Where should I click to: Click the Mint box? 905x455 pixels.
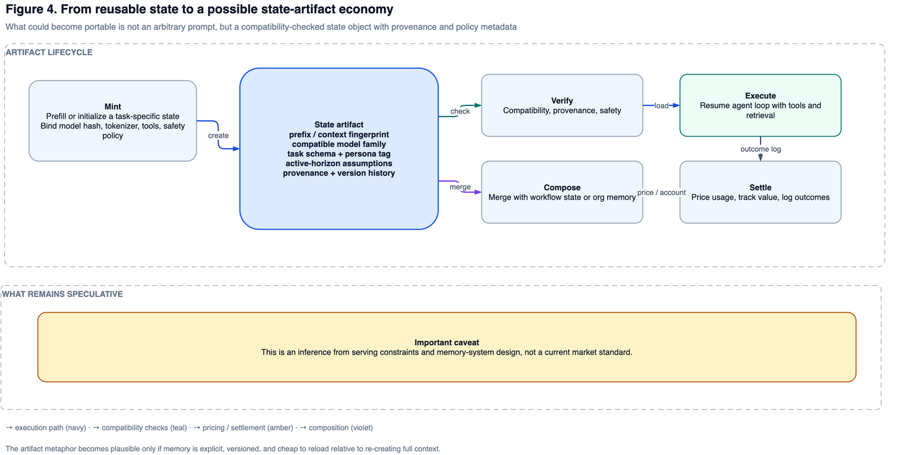pyautogui.click(x=113, y=121)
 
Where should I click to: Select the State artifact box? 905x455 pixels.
pyautogui.click(x=339, y=149)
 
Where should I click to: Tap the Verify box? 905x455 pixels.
pyautogui.click(x=562, y=105)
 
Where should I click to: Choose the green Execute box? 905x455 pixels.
pyautogui.click(x=761, y=105)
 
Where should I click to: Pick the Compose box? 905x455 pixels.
pyautogui.click(x=562, y=192)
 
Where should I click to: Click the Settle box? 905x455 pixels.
pyautogui.click(x=761, y=192)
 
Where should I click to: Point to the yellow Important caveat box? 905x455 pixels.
pyautogui.click(x=447, y=347)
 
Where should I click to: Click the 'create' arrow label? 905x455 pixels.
pyautogui.click(x=218, y=135)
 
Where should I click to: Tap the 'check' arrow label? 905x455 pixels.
pyautogui.click(x=460, y=111)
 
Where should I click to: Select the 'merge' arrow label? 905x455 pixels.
pyautogui.click(x=460, y=187)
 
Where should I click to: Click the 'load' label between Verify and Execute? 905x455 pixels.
pyautogui.click(x=661, y=106)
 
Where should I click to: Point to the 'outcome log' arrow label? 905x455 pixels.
pyautogui.click(x=761, y=149)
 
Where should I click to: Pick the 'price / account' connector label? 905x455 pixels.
pyautogui.click(x=661, y=192)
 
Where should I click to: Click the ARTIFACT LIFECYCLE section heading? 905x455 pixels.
pyautogui.click(x=49, y=53)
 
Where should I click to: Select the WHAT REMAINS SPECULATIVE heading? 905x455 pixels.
pyautogui.click(x=62, y=294)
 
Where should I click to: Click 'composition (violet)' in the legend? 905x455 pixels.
pyautogui.click(x=340, y=428)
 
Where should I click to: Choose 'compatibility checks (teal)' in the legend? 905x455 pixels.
pyautogui.click(x=144, y=428)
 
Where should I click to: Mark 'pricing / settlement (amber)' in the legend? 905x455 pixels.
pyautogui.click(x=248, y=428)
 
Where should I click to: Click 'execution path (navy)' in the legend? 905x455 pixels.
pyautogui.click(x=50, y=428)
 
